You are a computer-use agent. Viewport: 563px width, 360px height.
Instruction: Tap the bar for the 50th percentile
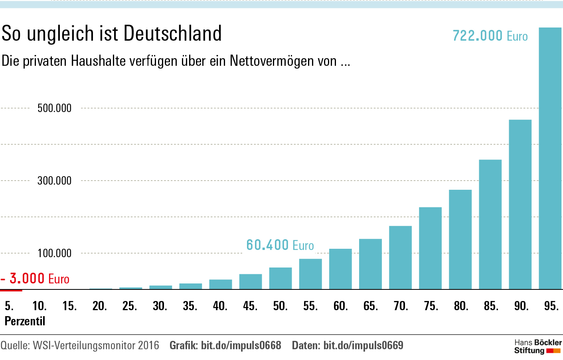pos(281,278)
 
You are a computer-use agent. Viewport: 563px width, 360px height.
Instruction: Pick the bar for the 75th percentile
pos(430,248)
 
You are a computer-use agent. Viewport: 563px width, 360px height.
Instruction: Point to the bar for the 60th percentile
pos(340,269)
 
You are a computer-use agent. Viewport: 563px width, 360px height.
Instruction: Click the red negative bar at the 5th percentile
pos(11,290)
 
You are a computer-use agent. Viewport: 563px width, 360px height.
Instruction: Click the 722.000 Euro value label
pos(490,36)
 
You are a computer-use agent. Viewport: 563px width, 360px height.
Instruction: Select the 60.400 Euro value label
pos(280,245)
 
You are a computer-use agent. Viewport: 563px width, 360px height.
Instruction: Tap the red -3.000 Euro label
pos(35,278)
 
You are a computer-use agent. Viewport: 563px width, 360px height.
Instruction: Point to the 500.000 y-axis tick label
pos(54,108)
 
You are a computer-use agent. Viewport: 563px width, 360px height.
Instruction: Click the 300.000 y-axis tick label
pos(54,181)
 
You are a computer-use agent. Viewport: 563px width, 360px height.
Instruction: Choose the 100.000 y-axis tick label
pos(54,253)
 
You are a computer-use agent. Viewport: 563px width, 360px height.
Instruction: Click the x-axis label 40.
pos(220,306)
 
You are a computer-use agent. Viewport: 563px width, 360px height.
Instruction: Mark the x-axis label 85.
pos(491,306)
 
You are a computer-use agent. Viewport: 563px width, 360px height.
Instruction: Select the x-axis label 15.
pos(69,306)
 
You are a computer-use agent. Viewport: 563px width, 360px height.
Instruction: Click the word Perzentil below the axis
pos(25,321)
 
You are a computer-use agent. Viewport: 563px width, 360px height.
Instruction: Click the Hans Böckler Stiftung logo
pos(537,346)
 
